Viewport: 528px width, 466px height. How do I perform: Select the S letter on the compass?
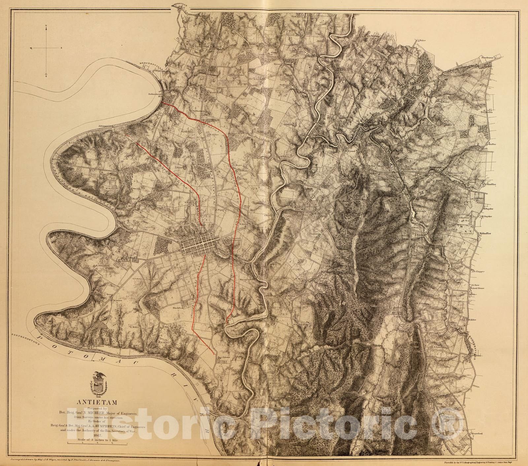point(47,76)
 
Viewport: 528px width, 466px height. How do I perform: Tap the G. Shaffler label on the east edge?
point(490,184)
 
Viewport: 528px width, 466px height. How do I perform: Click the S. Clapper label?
point(478,272)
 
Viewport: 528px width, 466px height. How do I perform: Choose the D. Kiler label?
point(472,320)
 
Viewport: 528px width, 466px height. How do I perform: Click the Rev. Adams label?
point(222,357)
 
